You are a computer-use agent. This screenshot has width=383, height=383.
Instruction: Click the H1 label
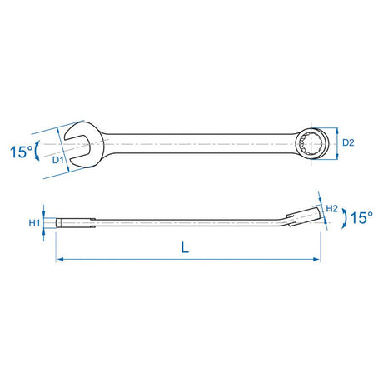click(x=34, y=223)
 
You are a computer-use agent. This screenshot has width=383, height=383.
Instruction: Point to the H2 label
click(x=331, y=208)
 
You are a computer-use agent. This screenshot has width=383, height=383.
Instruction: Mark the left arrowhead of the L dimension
click(x=60, y=260)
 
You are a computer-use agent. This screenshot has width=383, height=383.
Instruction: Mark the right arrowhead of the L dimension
click(x=316, y=260)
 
